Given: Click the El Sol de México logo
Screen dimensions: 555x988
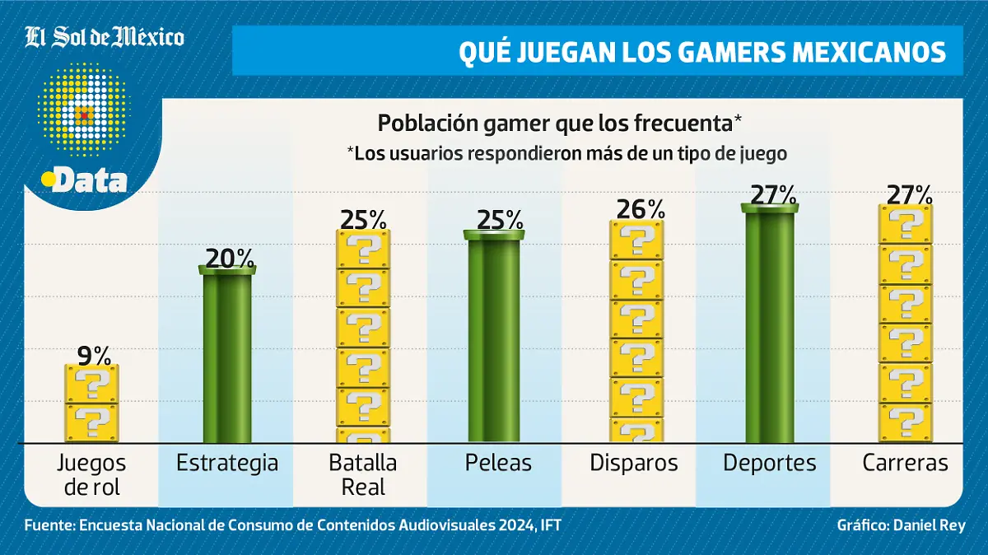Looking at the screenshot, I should pyautogui.click(x=105, y=37).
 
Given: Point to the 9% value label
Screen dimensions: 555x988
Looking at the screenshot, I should pyautogui.click(x=93, y=355).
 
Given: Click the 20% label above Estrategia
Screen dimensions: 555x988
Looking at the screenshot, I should pyautogui.click(x=228, y=259).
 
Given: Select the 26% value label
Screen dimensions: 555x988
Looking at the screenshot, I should pyautogui.click(x=636, y=209).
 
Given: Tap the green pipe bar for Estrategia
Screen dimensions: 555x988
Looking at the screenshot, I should pyautogui.click(x=227, y=358).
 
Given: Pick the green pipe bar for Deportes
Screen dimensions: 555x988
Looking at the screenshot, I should pyautogui.click(x=770, y=326).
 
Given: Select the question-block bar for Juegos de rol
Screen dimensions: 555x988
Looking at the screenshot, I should pyautogui.click(x=92, y=403).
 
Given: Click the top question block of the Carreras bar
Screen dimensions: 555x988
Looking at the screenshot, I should pyautogui.click(x=906, y=224).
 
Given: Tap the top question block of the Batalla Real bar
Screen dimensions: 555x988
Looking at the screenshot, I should pyautogui.click(x=363, y=249).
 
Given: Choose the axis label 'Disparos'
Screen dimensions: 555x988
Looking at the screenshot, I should pyautogui.click(x=634, y=464).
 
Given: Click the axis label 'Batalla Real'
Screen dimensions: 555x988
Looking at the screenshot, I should pyautogui.click(x=363, y=474).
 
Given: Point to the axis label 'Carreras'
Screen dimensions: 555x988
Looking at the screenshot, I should pyautogui.click(x=906, y=464).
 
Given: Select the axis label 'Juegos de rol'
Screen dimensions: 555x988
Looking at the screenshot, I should pyautogui.click(x=92, y=474).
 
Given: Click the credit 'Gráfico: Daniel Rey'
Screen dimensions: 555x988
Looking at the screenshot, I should pyautogui.click(x=901, y=525).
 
